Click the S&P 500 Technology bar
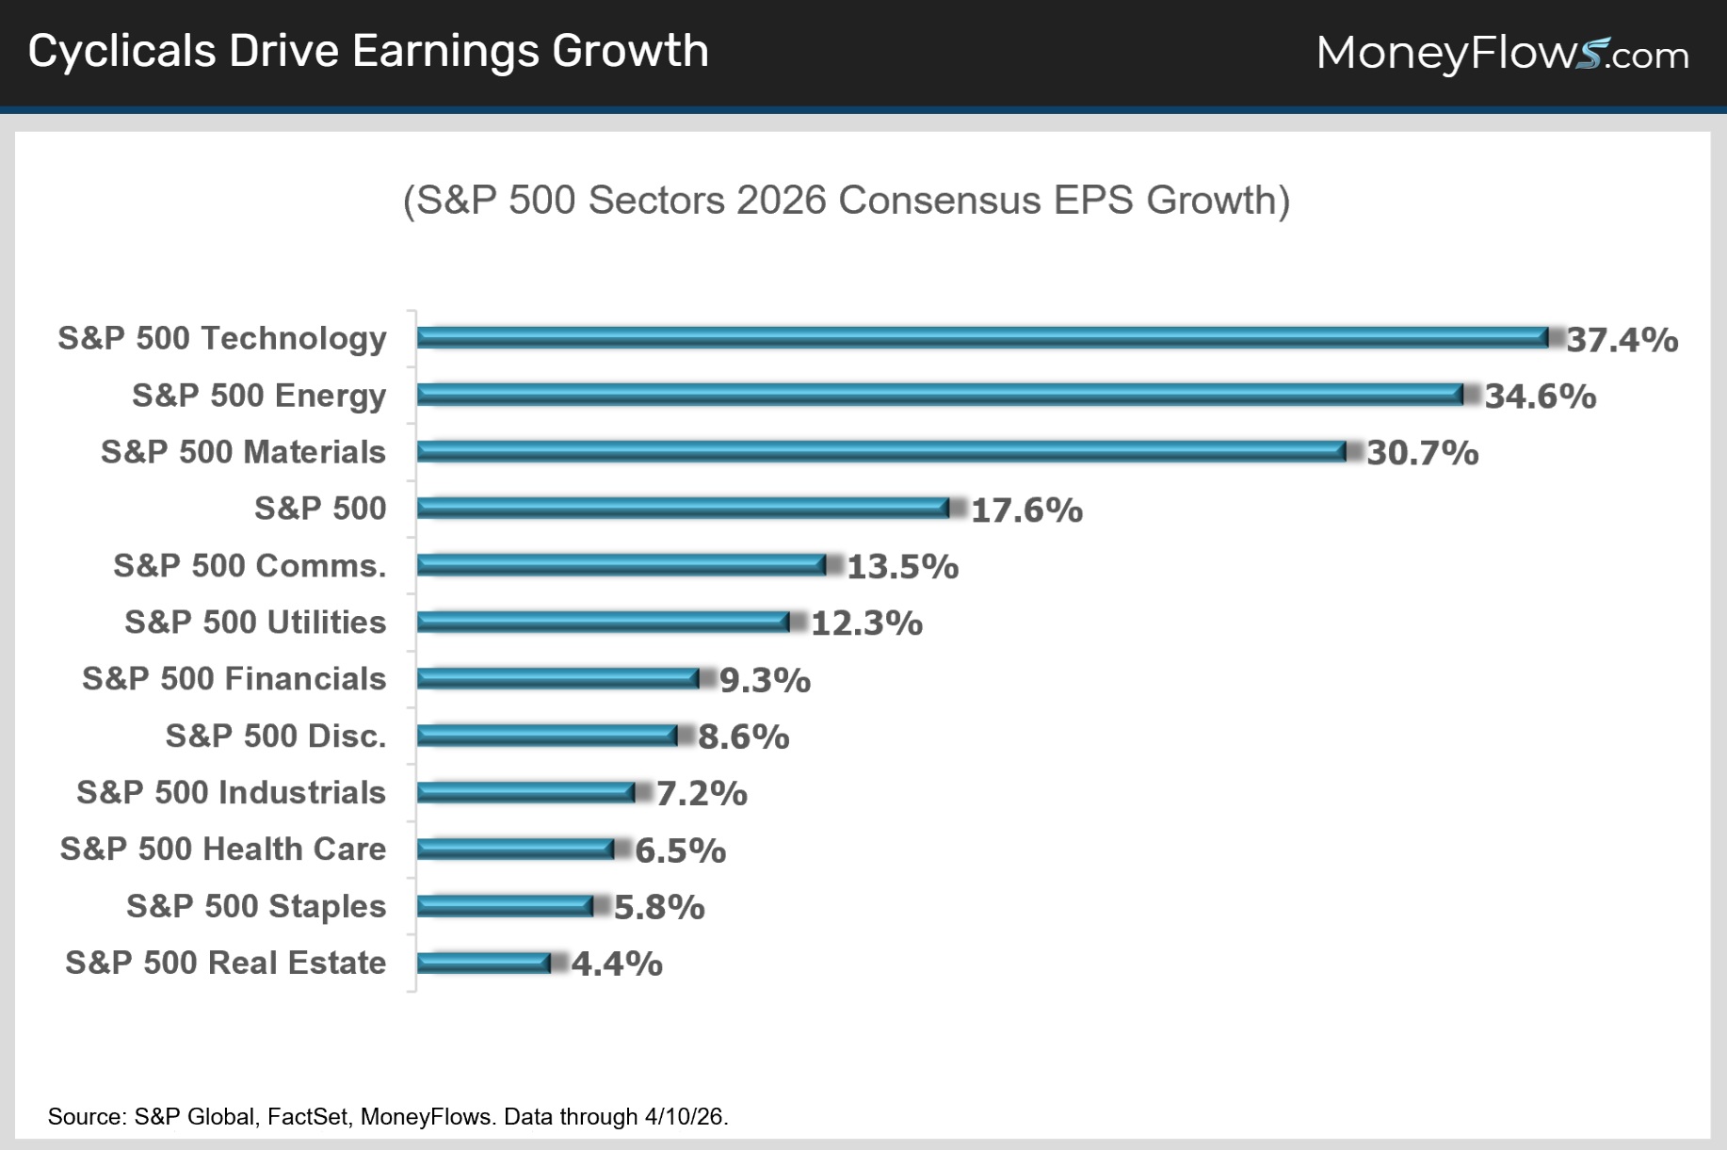[x=982, y=337]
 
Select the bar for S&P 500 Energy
[x=940, y=395]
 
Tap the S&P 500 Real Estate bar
[x=483, y=963]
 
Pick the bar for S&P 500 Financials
[x=557, y=678]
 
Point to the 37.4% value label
[x=1622, y=340]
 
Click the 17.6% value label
[x=1026, y=510]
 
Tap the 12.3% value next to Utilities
[x=866, y=624]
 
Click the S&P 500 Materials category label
[x=243, y=452]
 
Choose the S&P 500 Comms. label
[x=250, y=565]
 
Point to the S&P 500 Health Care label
[x=223, y=850]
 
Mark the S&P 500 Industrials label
[x=231, y=793]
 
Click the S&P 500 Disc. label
[x=276, y=736]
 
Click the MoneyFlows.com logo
[x=1502, y=53]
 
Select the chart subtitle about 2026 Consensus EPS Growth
[x=847, y=201]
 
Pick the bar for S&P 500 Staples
[x=505, y=906]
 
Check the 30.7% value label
[x=1422, y=453]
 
